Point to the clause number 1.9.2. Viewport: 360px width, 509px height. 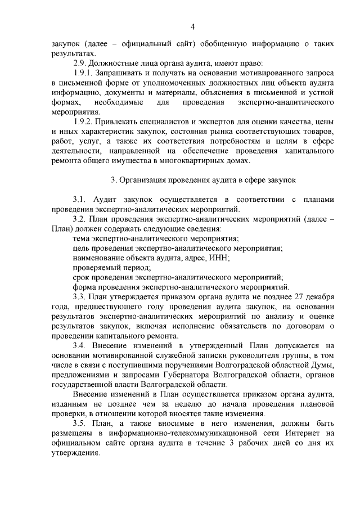tap(85, 122)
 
